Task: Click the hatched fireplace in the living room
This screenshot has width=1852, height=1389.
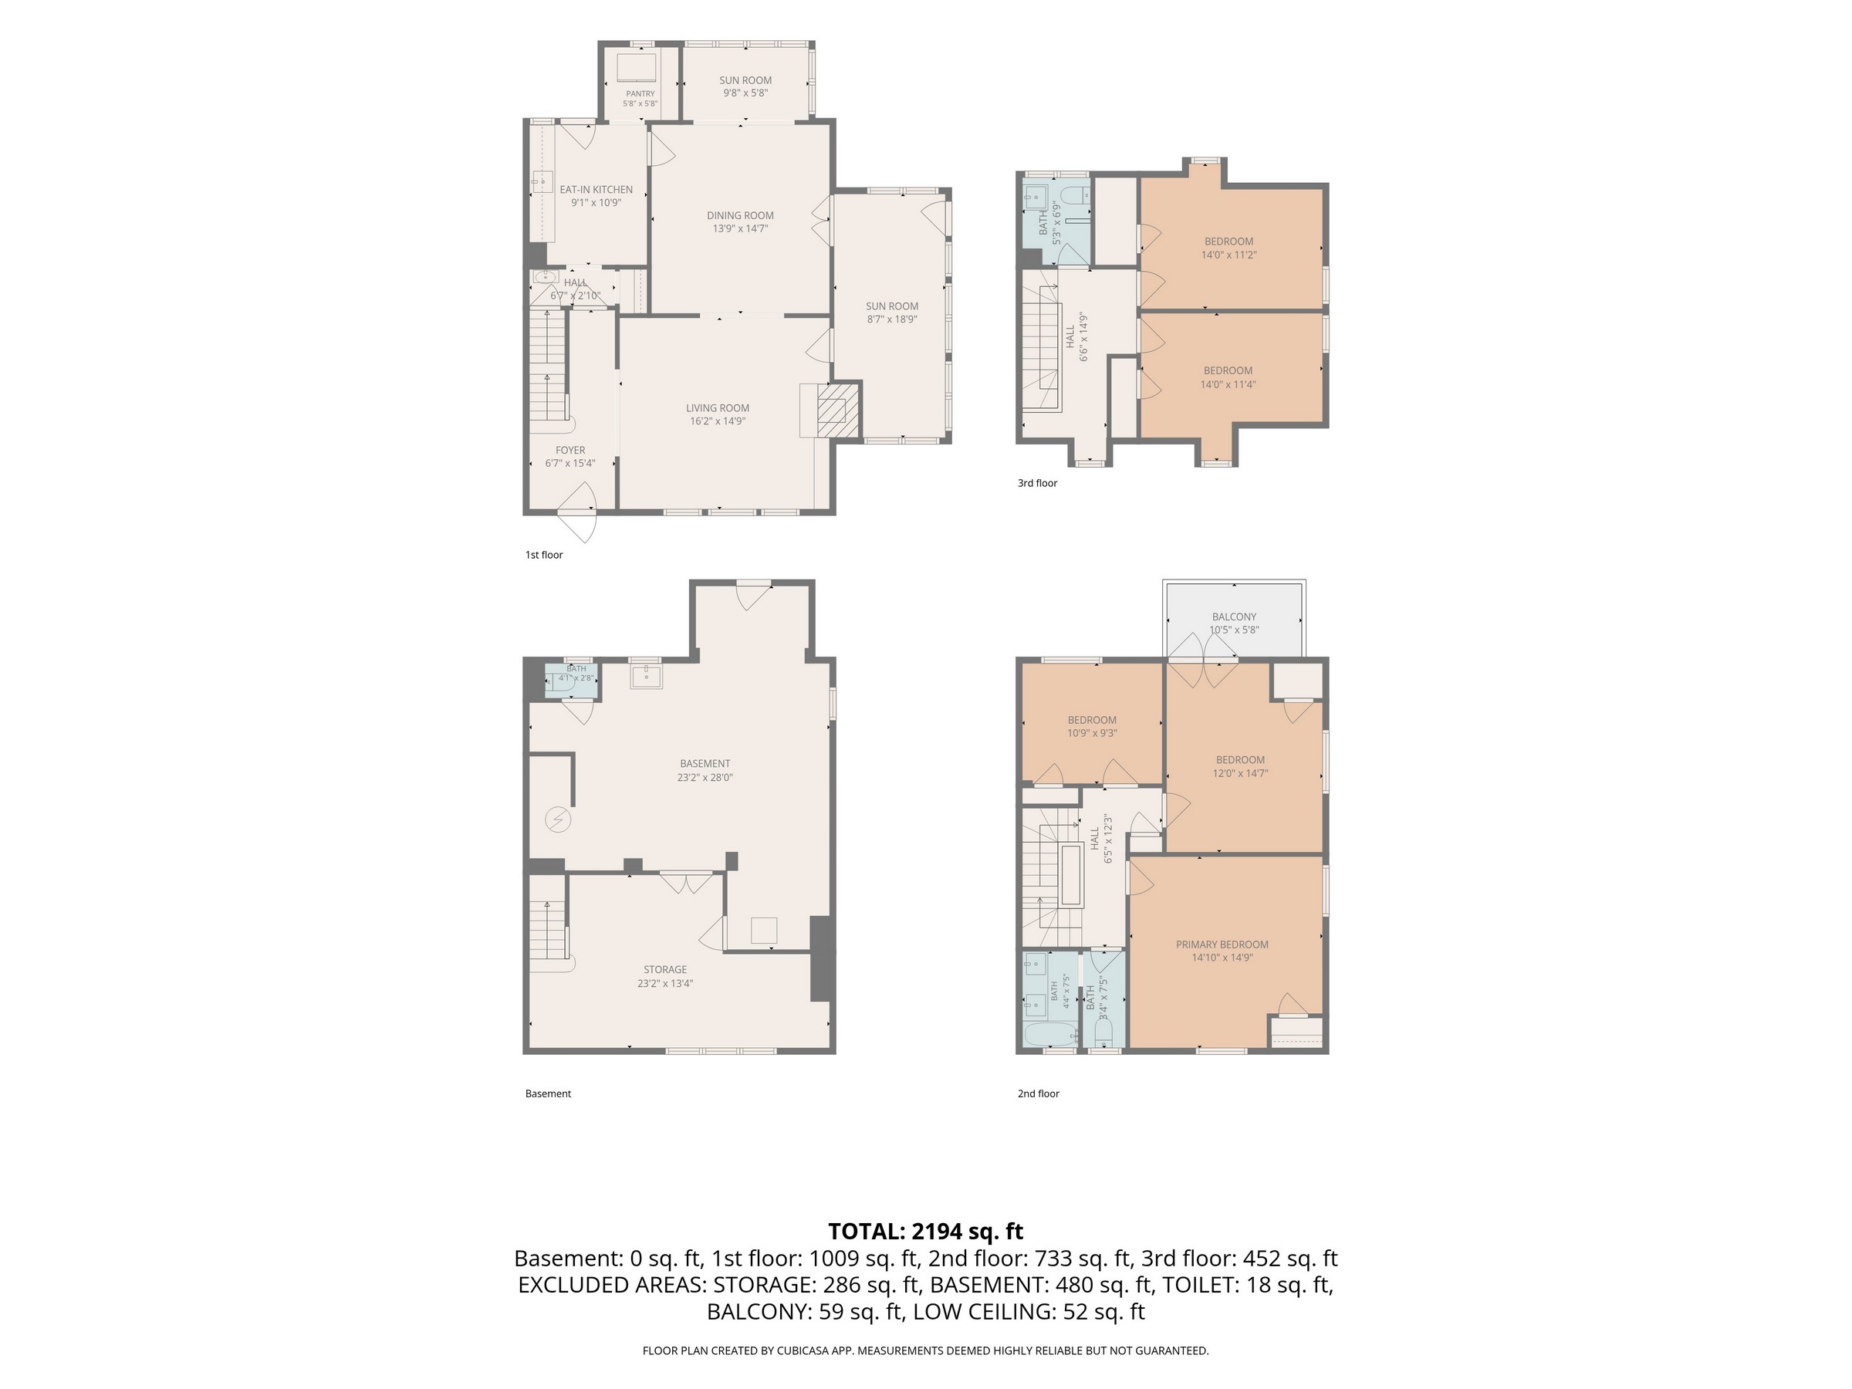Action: click(x=838, y=411)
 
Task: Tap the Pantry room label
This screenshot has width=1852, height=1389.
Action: click(x=640, y=94)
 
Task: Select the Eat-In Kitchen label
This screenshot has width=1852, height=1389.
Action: click(x=596, y=190)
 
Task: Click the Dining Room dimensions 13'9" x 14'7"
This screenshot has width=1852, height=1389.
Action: click(x=740, y=228)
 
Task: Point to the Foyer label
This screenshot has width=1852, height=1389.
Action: click(x=570, y=451)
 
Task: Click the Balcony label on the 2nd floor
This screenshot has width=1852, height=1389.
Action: click(x=1234, y=617)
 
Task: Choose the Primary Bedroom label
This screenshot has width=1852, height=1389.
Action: click(x=1222, y=945)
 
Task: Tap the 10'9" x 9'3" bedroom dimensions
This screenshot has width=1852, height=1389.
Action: click(x=1093, y=733)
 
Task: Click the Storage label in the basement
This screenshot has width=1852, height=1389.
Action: click(x=666, y=969)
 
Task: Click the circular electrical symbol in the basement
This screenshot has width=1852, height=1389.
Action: click(x=558, y=819)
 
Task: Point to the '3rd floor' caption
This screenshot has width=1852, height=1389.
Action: click(x=1037, y=483)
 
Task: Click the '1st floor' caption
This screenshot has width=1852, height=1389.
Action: click(x=544, y=555)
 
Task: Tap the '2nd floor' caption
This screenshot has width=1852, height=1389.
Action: click(x=1038, y=1093)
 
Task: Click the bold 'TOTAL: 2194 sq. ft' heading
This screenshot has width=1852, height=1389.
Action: click(x=925, y=1232)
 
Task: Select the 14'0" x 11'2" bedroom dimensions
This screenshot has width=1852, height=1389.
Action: click(x=1229, y=255)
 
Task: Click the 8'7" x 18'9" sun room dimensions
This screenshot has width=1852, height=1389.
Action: click(x=893, y=319)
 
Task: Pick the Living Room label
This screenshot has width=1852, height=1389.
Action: click(x=718, y=408)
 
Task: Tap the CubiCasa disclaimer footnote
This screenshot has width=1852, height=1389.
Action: click(x=925, y=1350)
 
